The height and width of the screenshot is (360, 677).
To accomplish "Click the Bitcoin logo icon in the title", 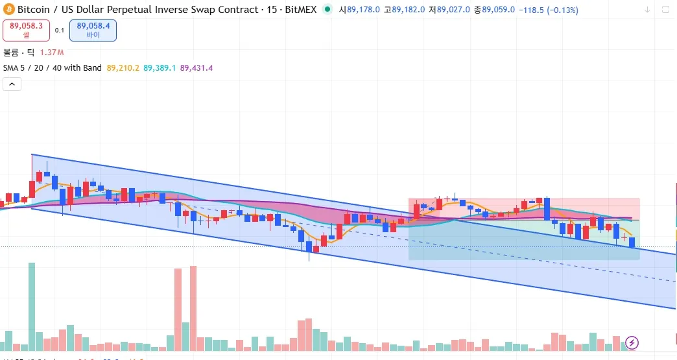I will coord(9,10).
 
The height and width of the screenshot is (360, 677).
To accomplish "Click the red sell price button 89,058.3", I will coord(27,30).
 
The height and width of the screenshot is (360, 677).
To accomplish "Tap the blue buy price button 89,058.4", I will coord(93,30).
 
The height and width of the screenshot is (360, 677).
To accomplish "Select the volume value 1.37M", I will coord(53,52).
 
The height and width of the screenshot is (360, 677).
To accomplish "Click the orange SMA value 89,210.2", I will coord(123,67).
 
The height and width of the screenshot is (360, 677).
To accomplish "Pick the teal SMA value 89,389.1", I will coord(160,67).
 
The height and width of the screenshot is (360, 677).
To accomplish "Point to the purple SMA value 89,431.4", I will coord(196,67).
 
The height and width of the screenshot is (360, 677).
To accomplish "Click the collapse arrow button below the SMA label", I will coord(12,84).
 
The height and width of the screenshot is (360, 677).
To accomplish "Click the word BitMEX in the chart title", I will coord(300,10).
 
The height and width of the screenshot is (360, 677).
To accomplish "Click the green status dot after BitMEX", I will coord(326,10).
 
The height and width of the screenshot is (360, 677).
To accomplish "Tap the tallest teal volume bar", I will coord(31,305).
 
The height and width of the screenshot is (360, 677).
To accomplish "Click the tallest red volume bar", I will coord(193,307).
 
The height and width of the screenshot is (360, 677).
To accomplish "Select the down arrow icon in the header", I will coord(647,10).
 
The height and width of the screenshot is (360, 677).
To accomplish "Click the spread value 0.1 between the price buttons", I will coord(60,30).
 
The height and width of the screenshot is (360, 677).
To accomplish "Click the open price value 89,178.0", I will coord(364,10).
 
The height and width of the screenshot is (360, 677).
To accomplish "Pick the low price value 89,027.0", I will coord(454,10).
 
